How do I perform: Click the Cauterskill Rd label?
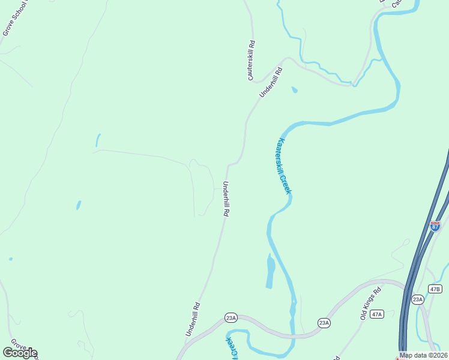[252, 61]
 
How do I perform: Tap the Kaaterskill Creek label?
[284, 166]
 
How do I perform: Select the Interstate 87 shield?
[435, 226]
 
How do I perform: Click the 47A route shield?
[377, 314]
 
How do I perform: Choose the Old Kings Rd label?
[371, 304]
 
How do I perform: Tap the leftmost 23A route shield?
[231, 317]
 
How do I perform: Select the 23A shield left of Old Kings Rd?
[324, 323]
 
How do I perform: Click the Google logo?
[20, 353]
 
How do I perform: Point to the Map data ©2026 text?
[423, 355]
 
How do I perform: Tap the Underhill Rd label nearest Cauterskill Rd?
[271, 82]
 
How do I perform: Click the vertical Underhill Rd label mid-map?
[226, 199]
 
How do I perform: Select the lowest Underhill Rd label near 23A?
[193, 319]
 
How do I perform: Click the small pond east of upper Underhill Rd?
[294, 90]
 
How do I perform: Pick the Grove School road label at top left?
[14, 18]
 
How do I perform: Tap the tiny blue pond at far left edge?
[10, 259]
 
